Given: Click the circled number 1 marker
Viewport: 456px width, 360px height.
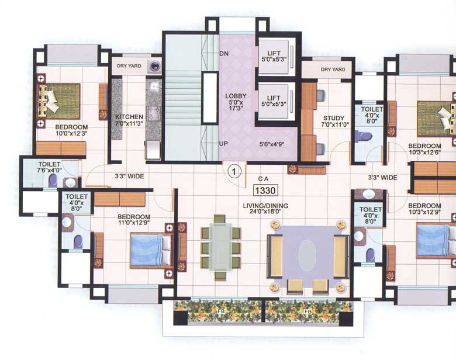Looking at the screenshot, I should coord(234,172).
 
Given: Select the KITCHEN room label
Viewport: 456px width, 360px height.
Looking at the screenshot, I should coord(129,116).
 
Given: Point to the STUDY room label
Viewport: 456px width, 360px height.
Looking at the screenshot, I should coord(333,117).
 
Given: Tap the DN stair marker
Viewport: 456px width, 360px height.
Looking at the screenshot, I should coord(224,54).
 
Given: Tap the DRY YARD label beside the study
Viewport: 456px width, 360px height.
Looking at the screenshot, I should coord(333,70).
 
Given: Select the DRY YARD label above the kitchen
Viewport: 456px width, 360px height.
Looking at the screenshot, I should coord(129,66).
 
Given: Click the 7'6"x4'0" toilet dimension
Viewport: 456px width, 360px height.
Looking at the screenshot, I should coord(51,171).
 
